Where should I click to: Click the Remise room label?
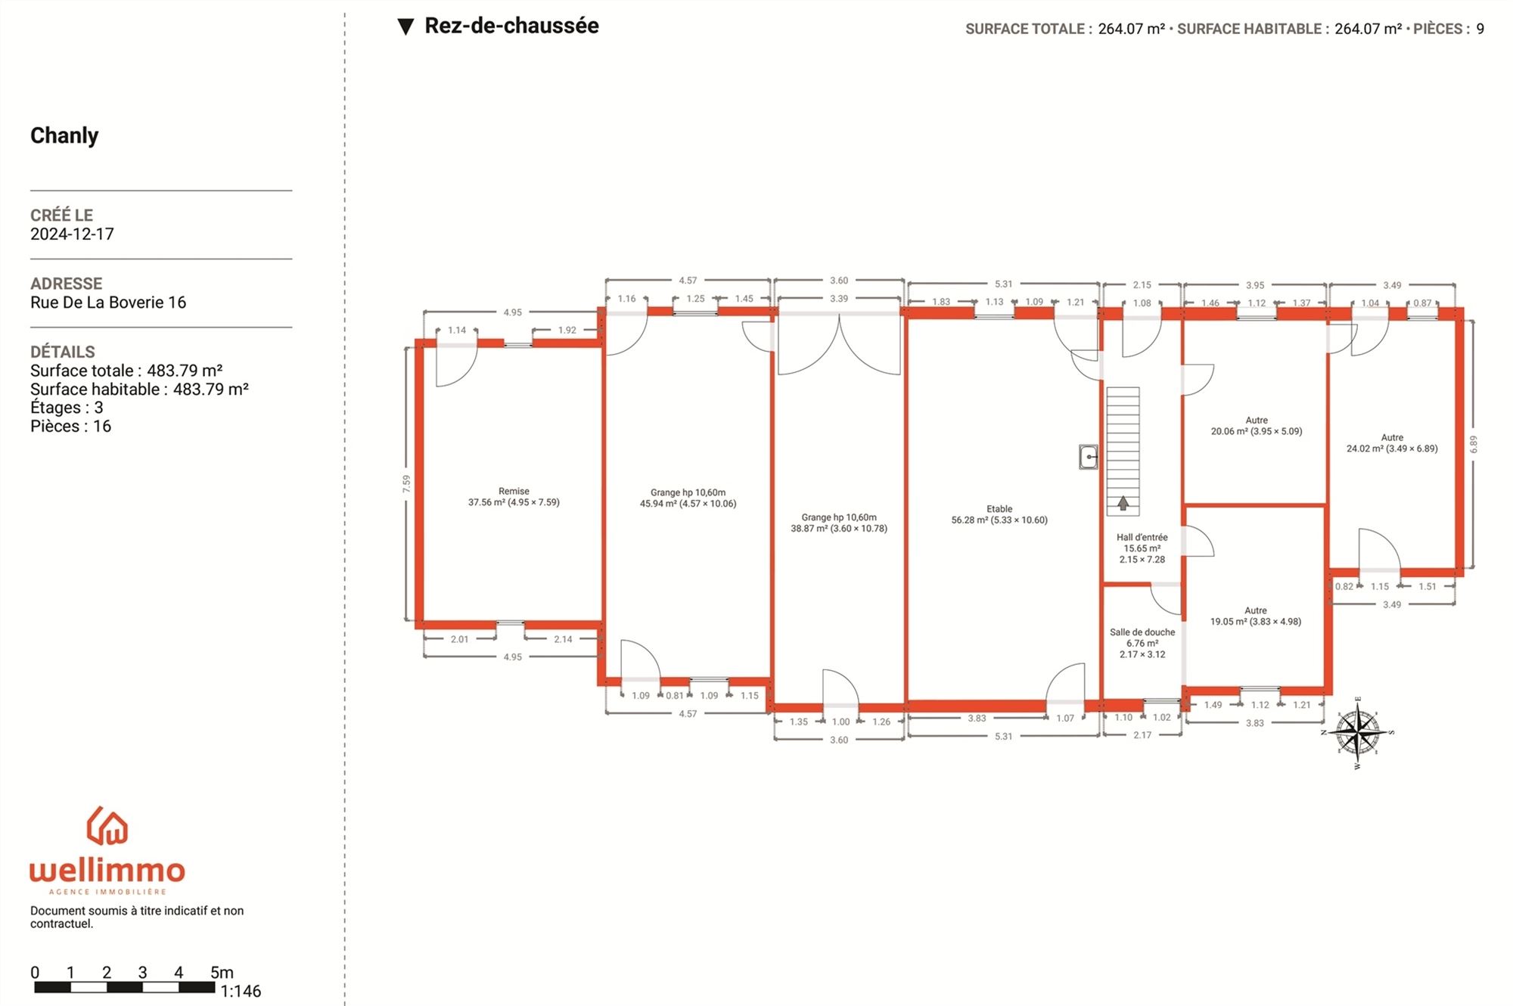(x=514, y=497)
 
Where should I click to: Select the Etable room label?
(x=999, y=514)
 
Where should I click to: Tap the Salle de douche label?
(x=1142, y=643)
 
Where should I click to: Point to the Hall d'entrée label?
(x=1142, y=548)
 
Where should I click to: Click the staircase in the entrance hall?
(x=1123, y=452)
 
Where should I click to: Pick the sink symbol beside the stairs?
(x=1089, y=457)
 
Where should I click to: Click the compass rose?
(x=1358, y=732)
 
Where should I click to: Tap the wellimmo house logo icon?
(x=107, y=825)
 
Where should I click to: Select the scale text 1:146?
(x=241, y=991)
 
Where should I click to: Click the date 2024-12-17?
(x=72, y=234)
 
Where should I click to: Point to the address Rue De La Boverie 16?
(x=108, y=303)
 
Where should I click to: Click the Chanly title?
(x=64, y=135)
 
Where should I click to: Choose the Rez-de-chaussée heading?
(x=511, y=26)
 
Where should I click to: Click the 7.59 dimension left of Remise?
(x=406, y=484)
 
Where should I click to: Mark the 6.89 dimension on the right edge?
(x=1473, y=444)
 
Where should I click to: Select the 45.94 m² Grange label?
(x=688, y=498)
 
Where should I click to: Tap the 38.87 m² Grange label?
(x=839, y=523)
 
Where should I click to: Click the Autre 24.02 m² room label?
(x=1392, y=442)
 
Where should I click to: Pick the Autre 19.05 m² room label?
(x=1256, y=616)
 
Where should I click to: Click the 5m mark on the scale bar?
(x=222, y=973)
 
